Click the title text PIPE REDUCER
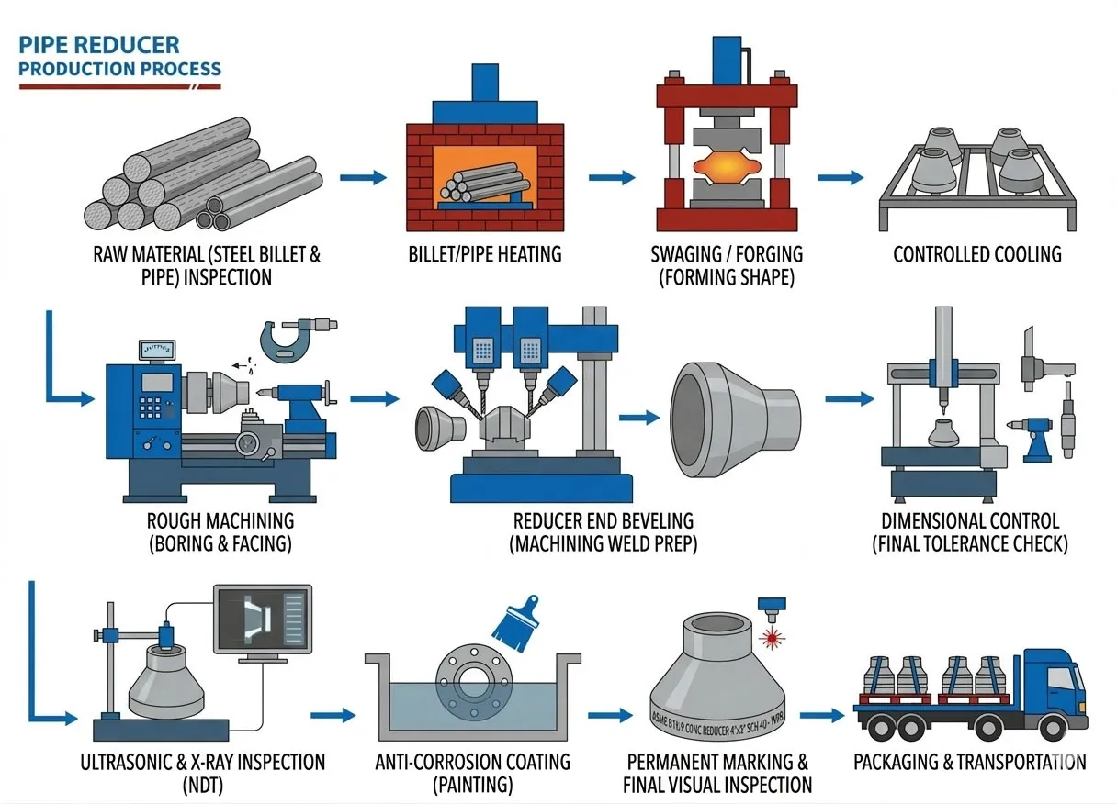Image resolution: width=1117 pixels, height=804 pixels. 99,44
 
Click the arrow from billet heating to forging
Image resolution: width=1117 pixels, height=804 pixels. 611,176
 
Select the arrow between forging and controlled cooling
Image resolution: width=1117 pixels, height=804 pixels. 840,176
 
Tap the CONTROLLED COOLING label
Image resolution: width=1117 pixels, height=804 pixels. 976,254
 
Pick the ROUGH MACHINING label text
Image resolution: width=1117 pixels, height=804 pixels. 220,522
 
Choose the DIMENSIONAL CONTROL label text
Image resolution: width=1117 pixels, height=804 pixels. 969,521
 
